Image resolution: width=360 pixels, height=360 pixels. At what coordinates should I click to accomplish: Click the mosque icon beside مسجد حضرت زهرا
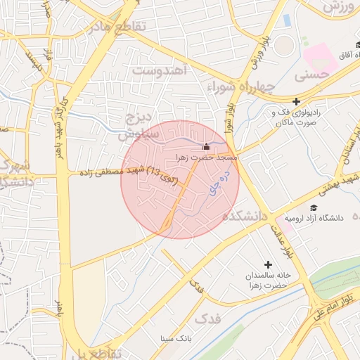[x=206, y=147]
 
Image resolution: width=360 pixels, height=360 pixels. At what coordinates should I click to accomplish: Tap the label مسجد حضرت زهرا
[x=208, y=157]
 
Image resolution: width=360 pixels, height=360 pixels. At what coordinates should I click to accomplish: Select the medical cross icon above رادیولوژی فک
[x=296, y=101]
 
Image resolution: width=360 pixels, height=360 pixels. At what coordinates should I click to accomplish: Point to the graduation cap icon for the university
[x=314, y=208]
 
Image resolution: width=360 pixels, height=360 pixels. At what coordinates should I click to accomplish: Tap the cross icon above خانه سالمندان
[x=268, y=264]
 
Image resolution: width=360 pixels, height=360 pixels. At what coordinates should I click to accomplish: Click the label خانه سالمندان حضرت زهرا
[x=267, y=279]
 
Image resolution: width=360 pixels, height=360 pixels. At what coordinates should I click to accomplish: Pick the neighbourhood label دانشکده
[x=247, y=216]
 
